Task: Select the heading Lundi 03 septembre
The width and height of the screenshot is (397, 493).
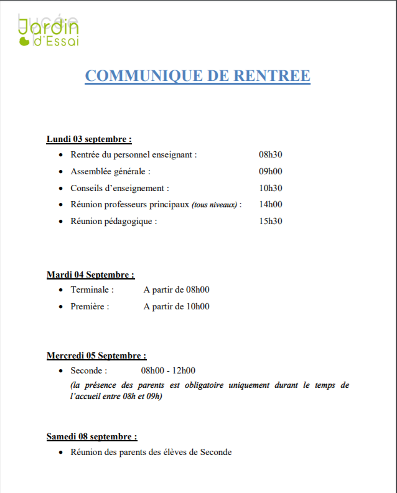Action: [x=89, y=139]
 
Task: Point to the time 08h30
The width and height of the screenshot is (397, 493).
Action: [x=271, y=155]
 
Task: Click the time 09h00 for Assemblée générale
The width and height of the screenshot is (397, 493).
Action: [x=271, y=171]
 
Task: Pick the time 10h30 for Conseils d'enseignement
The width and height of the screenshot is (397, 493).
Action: [x=271, y=188]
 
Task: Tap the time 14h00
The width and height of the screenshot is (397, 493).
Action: [x=271, y=204]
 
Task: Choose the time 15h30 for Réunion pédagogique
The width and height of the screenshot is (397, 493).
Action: [x=271, y=221]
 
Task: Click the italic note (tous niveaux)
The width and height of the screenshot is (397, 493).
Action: [x=215, y=205]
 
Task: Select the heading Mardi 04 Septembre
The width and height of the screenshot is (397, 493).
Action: [x=90, y=275]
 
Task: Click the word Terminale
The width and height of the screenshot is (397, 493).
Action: [x=92, y=289]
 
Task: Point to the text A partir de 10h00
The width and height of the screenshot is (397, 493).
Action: [x=176, y=306]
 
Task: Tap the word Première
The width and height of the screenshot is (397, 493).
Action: [x=90, y=306]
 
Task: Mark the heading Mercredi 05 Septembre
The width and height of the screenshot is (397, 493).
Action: [x=96, y=355]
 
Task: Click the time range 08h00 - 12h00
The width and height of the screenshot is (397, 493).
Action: [x=168, y=371]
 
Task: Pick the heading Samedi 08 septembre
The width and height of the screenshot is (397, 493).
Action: [x=91, y=436]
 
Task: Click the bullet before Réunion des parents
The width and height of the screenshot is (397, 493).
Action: [x=60, y=453]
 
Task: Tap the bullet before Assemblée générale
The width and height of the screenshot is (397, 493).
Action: [x=60, y=172]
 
